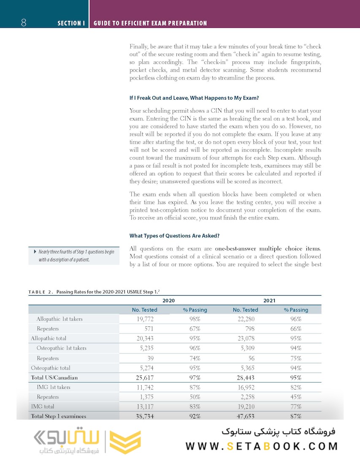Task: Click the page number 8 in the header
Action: (24, 23)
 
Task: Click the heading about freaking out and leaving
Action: (194, 98)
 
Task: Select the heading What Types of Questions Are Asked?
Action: (174, 236)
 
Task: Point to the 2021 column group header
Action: (269, 300)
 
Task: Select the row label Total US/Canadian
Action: (54, 377)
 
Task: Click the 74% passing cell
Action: (195, 358)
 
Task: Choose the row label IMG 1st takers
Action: (53, 387)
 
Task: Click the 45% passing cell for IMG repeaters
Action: (296, 397)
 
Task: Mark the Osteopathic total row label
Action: (50, 368)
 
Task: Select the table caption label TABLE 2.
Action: (41, 292)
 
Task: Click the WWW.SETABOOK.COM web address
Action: (262, 446)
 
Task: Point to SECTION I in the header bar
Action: (71, 23)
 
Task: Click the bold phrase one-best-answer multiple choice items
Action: (268, 248)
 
